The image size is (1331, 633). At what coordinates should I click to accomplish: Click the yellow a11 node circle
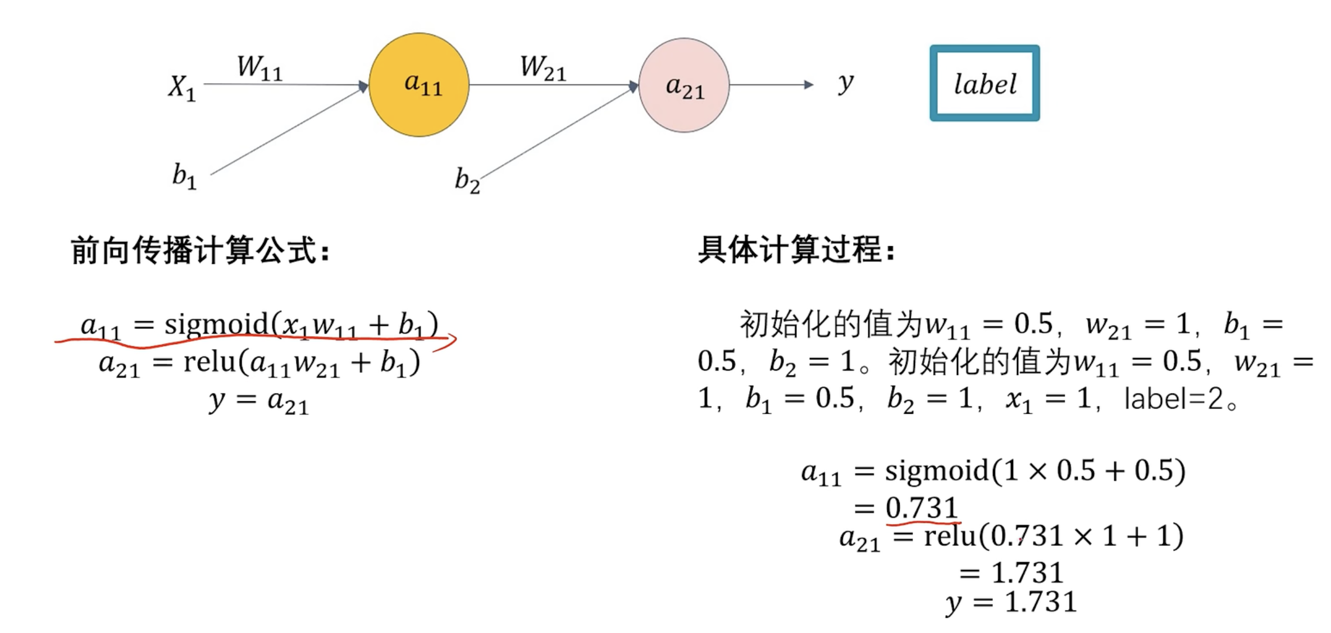click(419, 85)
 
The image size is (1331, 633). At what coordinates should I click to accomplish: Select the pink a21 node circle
click(684, 85)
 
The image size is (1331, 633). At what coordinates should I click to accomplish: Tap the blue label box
click(984, 83)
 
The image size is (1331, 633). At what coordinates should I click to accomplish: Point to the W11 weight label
click(259, 67)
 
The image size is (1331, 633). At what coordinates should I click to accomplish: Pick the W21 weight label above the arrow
click(543, 67)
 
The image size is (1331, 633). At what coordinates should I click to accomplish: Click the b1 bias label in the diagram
click(184, 176)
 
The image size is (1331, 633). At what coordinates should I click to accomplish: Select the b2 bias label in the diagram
click(467, 180)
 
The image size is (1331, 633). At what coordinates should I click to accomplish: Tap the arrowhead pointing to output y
click(809, 85)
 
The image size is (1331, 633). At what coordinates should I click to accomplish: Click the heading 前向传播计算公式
click(199, 250)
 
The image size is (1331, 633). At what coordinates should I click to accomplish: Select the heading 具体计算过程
click(796, 249)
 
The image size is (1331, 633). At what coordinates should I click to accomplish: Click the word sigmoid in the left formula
click(216, 325)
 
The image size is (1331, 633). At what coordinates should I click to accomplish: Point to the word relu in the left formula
click(209, 361)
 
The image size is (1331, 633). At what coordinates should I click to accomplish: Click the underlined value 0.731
click(922, 508)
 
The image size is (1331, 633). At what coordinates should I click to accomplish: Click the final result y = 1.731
click(1011, 603)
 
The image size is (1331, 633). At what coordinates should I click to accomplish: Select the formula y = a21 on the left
click(259, 401)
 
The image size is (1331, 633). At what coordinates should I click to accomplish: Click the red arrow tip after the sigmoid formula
click(454, 339)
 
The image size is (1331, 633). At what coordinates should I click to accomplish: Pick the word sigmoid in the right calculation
click(937, 470)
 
